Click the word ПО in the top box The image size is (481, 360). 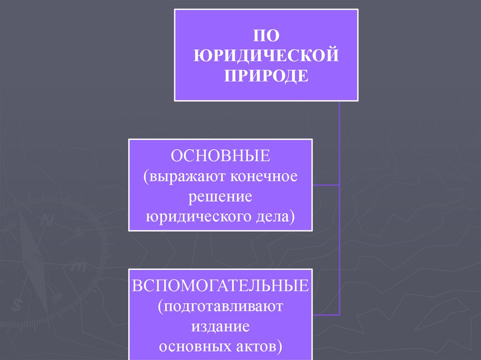266,36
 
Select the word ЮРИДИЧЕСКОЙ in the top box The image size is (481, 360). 266,56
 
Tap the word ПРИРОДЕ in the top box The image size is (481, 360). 266,76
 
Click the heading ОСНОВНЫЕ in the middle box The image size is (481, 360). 221,156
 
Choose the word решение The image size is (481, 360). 221,197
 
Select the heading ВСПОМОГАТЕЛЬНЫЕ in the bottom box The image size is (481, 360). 221,286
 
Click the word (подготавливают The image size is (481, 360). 221,306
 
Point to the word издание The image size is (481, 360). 221,326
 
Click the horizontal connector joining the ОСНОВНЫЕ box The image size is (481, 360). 326,184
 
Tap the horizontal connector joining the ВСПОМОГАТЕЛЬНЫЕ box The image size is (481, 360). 326,314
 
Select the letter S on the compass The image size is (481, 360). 18,305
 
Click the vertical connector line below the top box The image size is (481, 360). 339,141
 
